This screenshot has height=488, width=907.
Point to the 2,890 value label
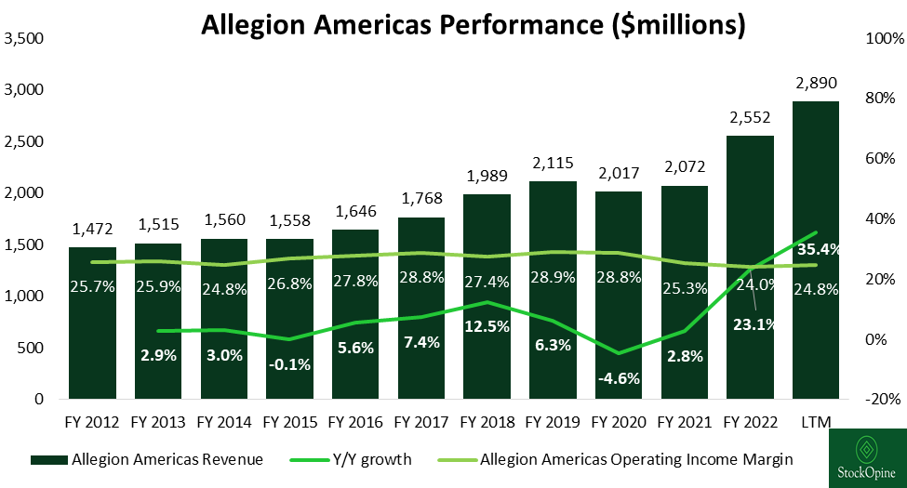(x=816, y=86)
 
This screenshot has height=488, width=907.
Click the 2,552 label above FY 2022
(x=750, y=120)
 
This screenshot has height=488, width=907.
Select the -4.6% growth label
(x=619, y=378)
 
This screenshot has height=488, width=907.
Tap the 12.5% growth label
(x=487, y=326)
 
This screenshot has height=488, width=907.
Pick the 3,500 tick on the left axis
(x=25, y=39)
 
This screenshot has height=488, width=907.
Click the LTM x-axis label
(x=816, y=423)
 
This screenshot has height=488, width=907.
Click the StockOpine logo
(x=867, y=458)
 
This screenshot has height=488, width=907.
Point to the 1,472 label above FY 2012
(x=92, y=229)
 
